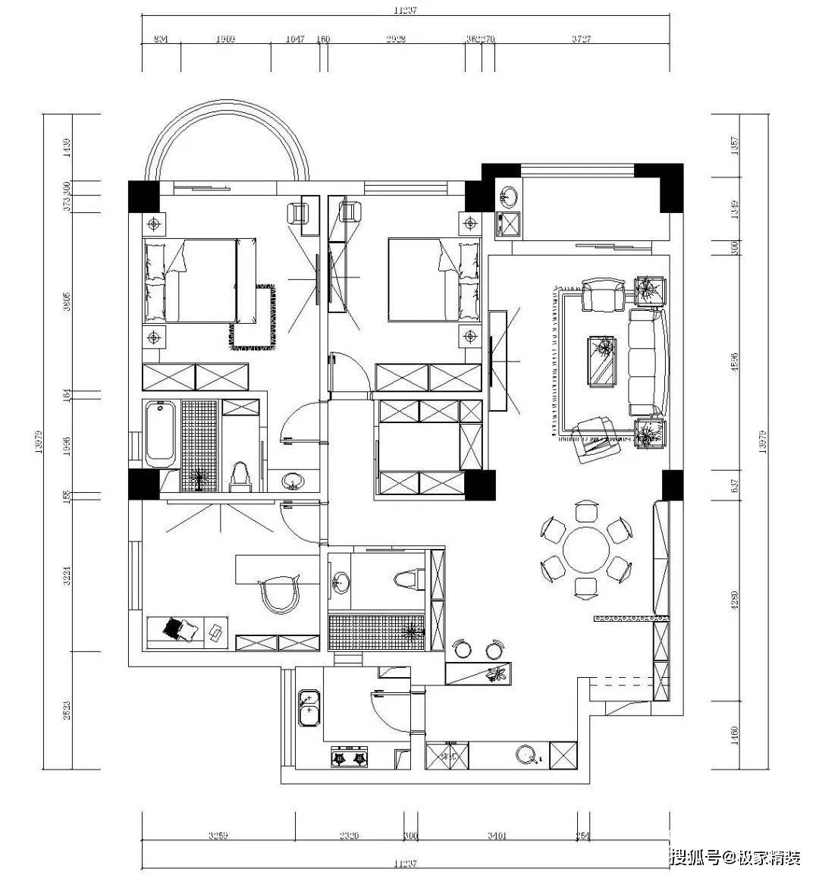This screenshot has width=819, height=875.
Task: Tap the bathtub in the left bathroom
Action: pyautogui.click(x=161, y=434)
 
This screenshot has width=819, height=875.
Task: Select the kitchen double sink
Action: pyautogui.click(x=309, y=707)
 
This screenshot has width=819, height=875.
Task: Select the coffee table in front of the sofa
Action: pyautogui.click(x=604, y=362)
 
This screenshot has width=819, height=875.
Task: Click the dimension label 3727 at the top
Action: pyautogui.click(x=581, y=39)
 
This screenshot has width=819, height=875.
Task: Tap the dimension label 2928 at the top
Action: pyautogui.click(x=395, y=39)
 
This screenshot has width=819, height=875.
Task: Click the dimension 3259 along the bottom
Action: pyautogui.click(x=219, y=836)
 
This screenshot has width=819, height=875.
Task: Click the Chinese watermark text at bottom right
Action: pyautogui.click(x=735, y=858)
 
